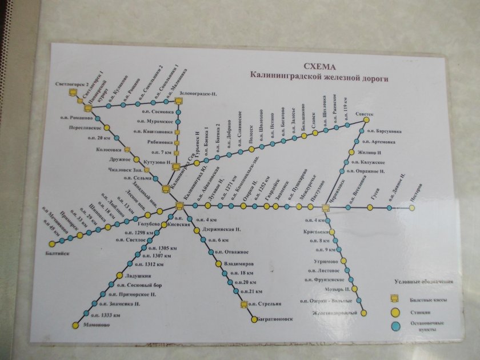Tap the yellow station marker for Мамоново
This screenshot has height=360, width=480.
74,326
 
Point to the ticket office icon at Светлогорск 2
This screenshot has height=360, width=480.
73,92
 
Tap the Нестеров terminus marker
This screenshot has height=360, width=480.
411,208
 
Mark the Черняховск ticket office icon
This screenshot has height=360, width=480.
325,207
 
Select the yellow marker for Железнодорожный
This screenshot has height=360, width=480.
363,313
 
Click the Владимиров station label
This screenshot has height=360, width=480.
238,264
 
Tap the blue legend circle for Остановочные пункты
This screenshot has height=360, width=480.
394,326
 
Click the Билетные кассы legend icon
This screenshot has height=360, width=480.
394,298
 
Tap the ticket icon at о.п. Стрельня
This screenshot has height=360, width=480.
245,304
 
